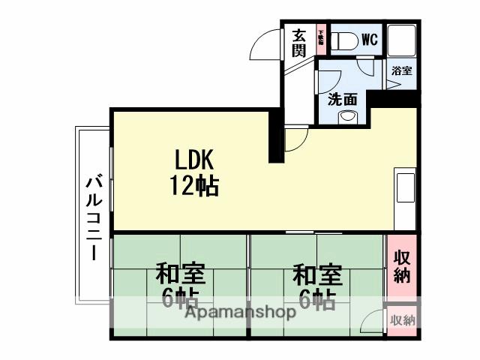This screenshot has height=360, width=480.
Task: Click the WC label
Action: (x=369, y=39)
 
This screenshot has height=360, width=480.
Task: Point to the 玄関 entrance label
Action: (x=298, y=43)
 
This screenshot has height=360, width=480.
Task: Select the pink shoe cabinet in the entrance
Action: (x=320, y=38)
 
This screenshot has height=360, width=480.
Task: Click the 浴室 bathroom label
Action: (x=401, y=71)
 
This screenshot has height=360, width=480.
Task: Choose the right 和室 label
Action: (x=318, y=271)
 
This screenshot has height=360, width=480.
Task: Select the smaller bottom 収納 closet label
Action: (x=402, y=320)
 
